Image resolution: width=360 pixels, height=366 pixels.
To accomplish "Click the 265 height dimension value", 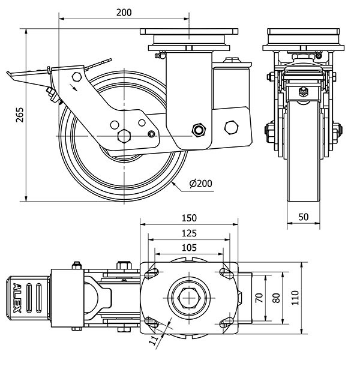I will coord(19,114).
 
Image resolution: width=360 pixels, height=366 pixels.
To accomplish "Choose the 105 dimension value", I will coord(189,247).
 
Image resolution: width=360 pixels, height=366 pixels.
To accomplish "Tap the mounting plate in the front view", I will coord(304,31).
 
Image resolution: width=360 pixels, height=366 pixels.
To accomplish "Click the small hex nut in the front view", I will coord(304,92).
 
